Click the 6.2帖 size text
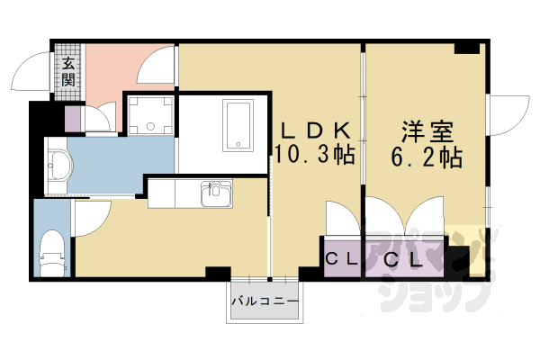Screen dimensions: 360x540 click(x=427, y=158)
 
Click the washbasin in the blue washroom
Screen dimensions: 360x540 click(x=59, y=166)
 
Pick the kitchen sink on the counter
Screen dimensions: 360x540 click(x=217, y=192)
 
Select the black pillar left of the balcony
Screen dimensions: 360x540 click(x=217, y=274)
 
